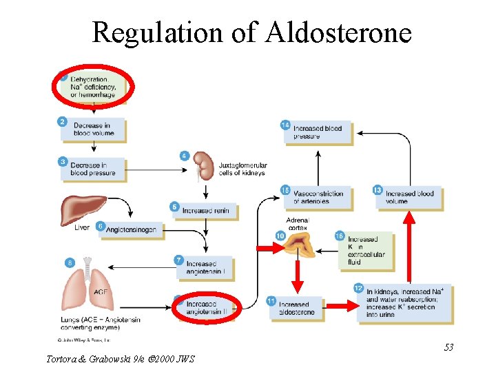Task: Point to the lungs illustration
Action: coord(87,287)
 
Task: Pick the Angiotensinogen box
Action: coord(132,229)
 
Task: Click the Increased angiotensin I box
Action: coord(205,268)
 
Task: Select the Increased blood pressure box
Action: coord(318,132)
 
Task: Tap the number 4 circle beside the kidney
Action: coord(184,156)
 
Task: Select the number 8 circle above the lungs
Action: coord(70,262)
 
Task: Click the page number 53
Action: coord(448,347)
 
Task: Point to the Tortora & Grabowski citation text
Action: coord(120,359)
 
